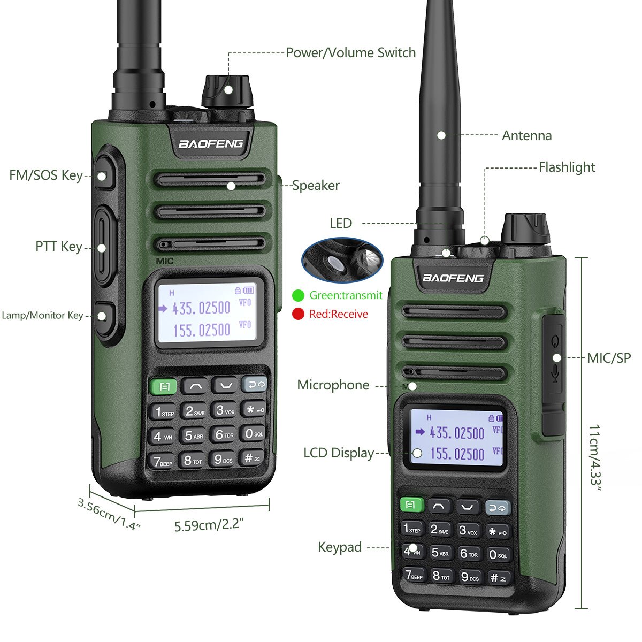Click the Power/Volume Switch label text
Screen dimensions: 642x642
coord(350,52)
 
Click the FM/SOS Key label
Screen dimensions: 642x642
coord(46,175)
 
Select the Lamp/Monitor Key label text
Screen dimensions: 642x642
coord(42,315)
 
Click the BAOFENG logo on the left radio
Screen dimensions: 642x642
coord(211,143)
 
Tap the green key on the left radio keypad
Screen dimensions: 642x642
coord(164,386)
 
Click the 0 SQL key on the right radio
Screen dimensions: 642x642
coord(498,555)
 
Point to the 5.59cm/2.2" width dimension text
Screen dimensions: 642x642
coord(209,525)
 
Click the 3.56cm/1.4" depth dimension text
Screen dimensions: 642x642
coord(109,514)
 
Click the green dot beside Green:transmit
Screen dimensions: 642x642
coord(298,295)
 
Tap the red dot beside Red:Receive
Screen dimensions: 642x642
coord(298,314)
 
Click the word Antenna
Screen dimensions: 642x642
coord(526,135)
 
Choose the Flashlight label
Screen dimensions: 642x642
coord(567,167)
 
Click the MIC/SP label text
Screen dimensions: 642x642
coord(609,358)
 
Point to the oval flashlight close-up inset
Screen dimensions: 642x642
coord(342,261)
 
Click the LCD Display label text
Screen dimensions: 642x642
coord(339,453)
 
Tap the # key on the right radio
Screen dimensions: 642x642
coord(498,578)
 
